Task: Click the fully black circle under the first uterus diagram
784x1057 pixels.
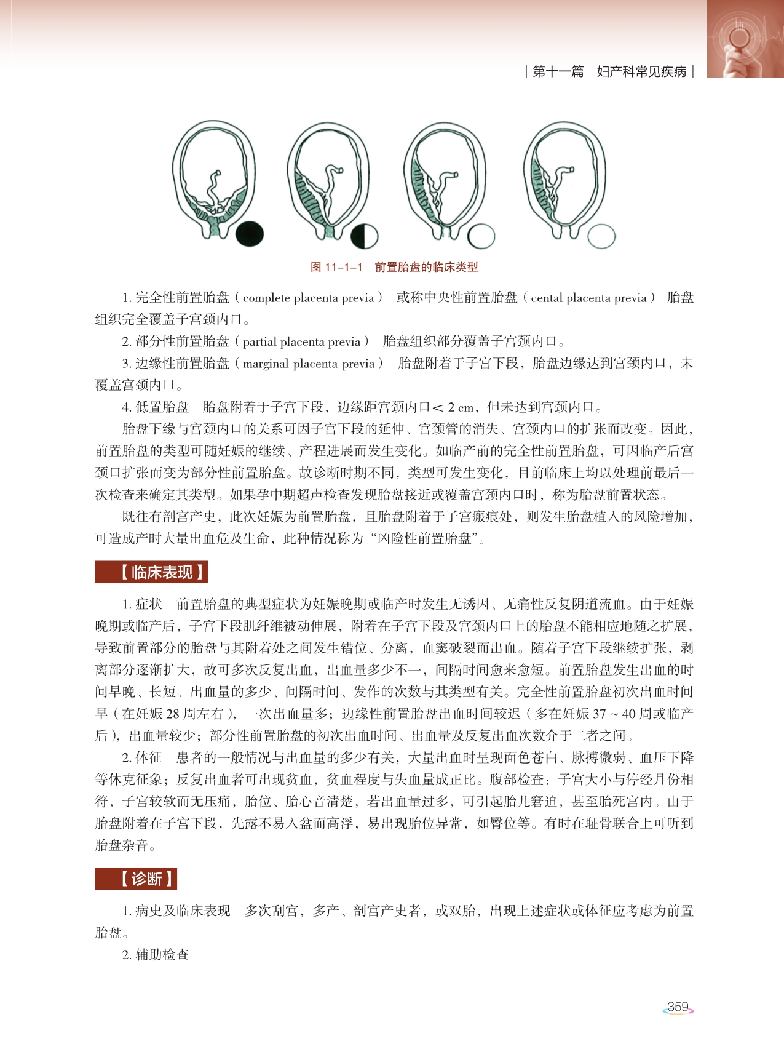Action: [x=250, y=234]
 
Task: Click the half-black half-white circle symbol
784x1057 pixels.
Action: [x=365, y=236]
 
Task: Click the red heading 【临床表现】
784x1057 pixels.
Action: [x=151, y=572]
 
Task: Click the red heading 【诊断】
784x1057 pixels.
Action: [x=136, y=879]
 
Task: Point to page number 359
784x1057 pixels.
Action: [x=678, y=1007]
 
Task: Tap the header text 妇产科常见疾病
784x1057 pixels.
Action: [x=641, y=72]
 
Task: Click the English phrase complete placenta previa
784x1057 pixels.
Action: [x=308, y=298]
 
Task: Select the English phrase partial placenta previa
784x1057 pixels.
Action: [x=301, y=342]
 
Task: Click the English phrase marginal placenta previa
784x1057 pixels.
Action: [x=308, y=364]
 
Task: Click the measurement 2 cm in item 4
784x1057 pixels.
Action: [x=461, y=407]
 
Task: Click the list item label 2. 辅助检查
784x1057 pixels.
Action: [x=156, y=955]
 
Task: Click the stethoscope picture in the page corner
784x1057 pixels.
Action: [x=745, y=38]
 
